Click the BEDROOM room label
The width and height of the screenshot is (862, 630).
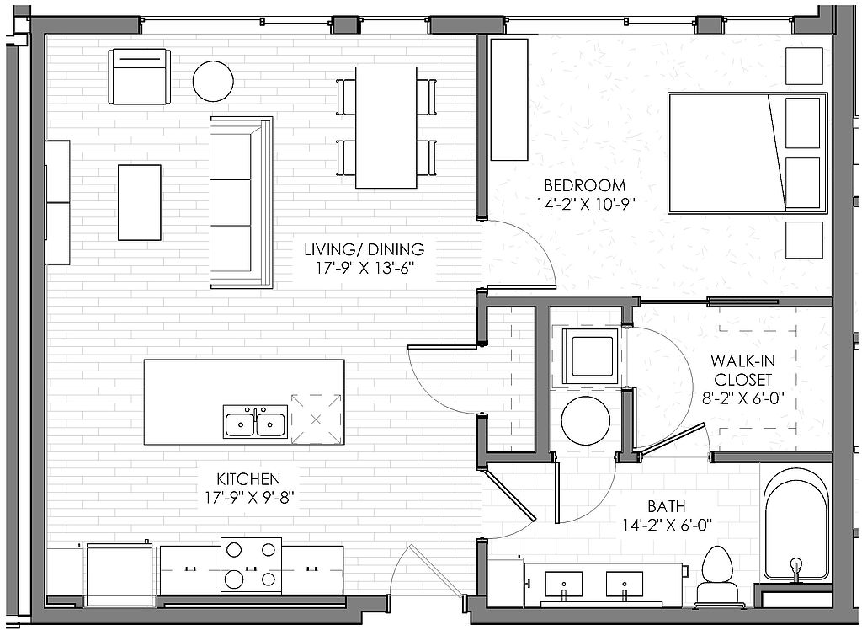coord(585,185)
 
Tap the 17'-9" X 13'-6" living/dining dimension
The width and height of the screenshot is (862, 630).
coord(364,269)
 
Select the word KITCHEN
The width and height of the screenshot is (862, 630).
coord(248,478)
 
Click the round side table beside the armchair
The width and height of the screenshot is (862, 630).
coord(213,81)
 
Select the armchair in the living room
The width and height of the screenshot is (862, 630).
coord(140,77)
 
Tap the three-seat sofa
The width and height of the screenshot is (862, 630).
coord(242,202)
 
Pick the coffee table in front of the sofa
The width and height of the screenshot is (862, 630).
coord(140,202)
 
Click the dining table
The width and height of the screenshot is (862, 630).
coord(386,128)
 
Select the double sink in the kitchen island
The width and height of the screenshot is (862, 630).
coord(255,422)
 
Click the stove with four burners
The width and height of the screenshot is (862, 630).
coord(251,566)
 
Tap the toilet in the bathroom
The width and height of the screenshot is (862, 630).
coord(718,575)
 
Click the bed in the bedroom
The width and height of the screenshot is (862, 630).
coord(748,153)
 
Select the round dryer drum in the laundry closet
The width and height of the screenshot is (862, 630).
coord(586,419)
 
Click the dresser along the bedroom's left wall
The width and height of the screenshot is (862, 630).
coord(509,99)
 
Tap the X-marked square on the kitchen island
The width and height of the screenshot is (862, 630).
coord(316,419)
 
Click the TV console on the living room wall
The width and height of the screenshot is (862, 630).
coord(58,202)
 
